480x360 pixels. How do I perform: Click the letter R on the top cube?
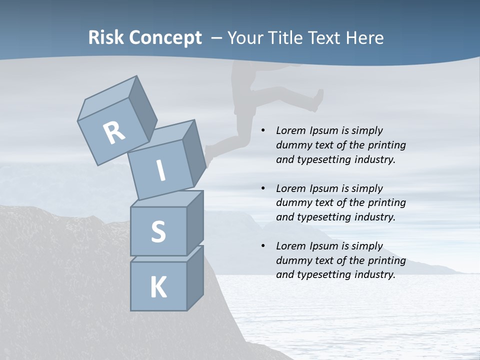pos(114,133)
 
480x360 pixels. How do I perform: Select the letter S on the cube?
pos(158,231)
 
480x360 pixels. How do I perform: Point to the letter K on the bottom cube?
pos(158,287)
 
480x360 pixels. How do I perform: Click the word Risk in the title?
pos(106,38)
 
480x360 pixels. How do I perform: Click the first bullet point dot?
pos(263,131)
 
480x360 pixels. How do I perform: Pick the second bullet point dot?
pos(263,188)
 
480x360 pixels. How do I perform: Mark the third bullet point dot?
pos(263,246)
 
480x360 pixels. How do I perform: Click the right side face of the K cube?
pos(195,277)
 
